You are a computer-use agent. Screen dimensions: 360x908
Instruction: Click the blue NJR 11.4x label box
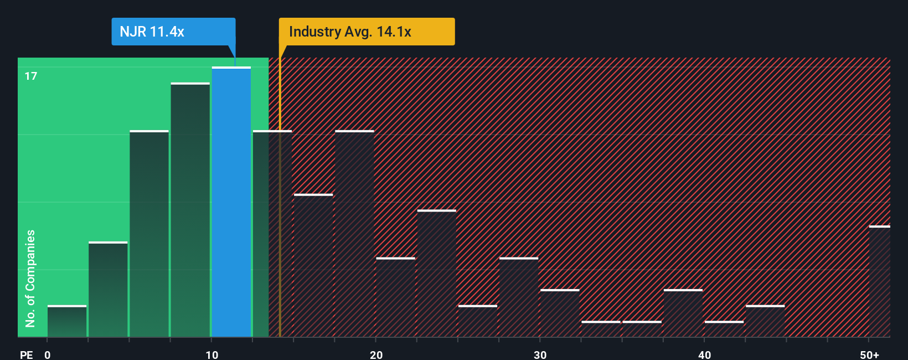[x=173, y=32]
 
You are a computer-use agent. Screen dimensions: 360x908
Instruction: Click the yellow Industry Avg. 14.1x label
[x=367, y=32]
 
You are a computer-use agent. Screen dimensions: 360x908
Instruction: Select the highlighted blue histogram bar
[x=231, y=202]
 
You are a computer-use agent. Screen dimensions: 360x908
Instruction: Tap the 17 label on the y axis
[x=31, y=76]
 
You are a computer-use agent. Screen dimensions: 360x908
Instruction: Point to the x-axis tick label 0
[x=48, y=354]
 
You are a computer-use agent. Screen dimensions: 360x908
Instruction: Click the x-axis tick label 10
[x=211, y=354]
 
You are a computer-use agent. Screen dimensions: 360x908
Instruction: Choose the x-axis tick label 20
[x=376, y=354]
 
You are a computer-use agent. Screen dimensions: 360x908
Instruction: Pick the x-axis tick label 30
[x=540, y=354]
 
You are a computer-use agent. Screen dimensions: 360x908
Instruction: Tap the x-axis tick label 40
[x=704, y=354]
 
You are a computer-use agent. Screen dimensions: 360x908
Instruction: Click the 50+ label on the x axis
[x=869, y=354]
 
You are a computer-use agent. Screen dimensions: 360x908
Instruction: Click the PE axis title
[x=26, y=354]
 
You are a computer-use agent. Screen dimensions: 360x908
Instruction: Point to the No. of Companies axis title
[x=30, y=278]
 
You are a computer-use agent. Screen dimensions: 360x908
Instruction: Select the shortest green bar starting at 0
[x=67, y=321]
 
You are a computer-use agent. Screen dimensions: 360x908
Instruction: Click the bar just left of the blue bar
[x=190, y=210]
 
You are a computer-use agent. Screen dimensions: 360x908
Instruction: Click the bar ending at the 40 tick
[x=683, y=313]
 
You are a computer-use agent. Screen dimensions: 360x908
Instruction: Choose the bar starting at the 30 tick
[x=560, y=313]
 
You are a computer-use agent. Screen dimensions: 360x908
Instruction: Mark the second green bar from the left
[x=108, y=290]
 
